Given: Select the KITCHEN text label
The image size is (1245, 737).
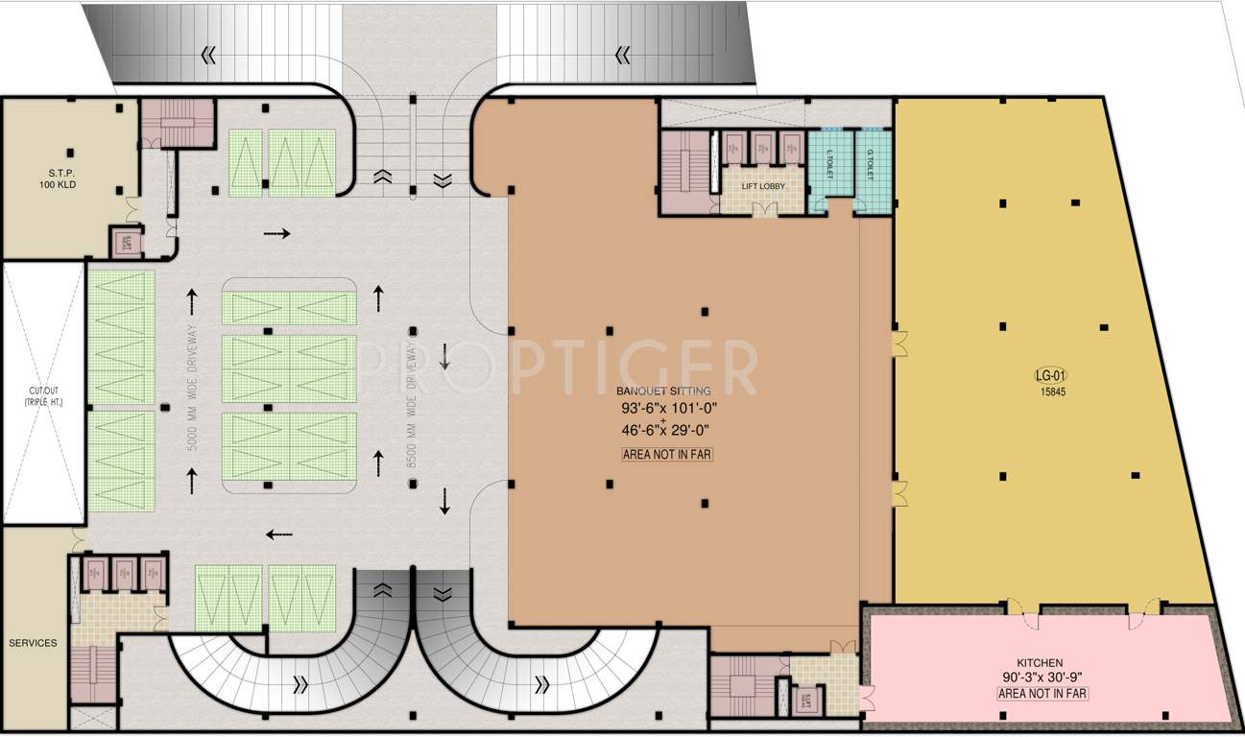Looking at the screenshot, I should click(1040, 662).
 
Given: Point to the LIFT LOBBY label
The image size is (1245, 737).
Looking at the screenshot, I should click(763, 185).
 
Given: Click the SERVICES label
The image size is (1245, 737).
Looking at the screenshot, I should click(33, 643).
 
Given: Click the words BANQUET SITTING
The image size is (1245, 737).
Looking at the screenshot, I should click(664, 392).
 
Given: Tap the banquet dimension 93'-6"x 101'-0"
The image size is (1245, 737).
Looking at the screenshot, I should click(668, 409).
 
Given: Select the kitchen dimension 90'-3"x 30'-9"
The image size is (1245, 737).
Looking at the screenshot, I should click(1041, 678).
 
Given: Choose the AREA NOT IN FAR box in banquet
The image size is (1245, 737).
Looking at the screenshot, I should click(667, 455).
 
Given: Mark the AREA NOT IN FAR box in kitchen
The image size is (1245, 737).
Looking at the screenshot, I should click(1042, 693).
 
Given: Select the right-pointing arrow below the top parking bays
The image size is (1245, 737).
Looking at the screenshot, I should click(276, 233).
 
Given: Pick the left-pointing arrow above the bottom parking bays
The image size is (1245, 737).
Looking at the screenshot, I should click(278, 535).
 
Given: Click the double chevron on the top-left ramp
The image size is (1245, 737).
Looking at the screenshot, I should click(208, 55).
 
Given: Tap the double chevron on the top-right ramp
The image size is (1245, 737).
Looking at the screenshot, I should click(622, 55).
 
